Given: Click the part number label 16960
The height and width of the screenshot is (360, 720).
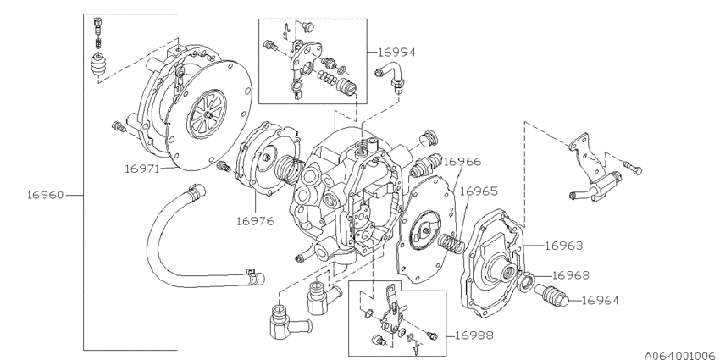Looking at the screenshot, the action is [x=46, y=195].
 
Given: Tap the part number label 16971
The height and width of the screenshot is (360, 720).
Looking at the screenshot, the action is [x=142, y=169].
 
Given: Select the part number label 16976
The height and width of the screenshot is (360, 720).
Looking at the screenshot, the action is [x=255, y=221].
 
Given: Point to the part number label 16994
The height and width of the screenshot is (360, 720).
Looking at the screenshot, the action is [x=396, y=53].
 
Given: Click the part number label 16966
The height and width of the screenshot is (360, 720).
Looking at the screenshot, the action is [x=462, y=162].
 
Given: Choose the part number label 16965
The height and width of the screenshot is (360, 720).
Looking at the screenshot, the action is [x=479, y=191].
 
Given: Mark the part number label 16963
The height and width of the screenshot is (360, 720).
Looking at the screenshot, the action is [x=564, y=246].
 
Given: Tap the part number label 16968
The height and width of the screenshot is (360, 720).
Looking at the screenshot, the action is [x=571, y=275].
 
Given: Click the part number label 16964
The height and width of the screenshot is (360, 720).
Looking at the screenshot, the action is [x=601, y=301].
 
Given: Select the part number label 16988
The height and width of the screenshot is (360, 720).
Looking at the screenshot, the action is [x=474, y=335].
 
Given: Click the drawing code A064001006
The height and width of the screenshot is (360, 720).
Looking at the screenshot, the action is [x=682, y=356].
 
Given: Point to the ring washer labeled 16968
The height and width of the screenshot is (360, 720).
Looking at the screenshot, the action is [x=525, y=281].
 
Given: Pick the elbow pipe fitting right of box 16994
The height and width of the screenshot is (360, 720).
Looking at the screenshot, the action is [x=390, y=78].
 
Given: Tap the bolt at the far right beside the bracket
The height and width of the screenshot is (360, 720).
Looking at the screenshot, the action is [x=632, y=167].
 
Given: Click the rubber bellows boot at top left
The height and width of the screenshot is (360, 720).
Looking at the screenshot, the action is [x=97, y=67].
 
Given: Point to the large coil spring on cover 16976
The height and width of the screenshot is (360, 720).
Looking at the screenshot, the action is [x=289, y=168].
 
